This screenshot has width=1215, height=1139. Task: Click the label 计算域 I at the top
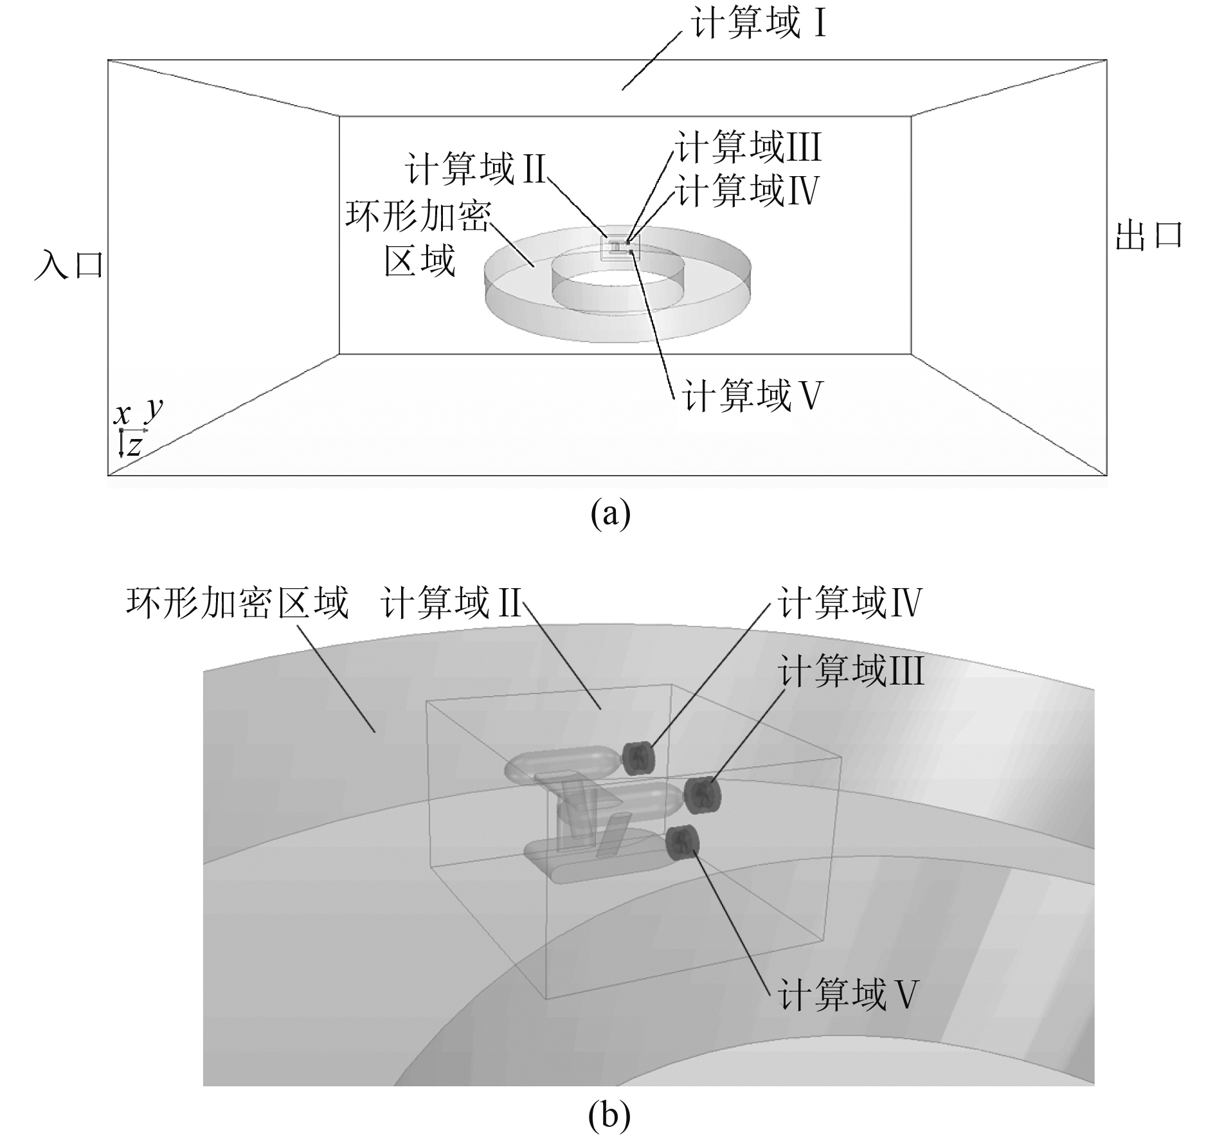[757, 24]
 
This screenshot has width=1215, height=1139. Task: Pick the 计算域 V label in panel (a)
[752, 395]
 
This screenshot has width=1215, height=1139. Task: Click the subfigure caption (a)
[610, 514]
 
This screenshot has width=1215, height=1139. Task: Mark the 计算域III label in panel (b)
[850, 672]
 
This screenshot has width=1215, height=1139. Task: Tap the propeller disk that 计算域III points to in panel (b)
[703, 794]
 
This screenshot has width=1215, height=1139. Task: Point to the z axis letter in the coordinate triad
[134, 445]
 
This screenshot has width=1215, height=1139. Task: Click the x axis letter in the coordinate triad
[122, 415]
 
